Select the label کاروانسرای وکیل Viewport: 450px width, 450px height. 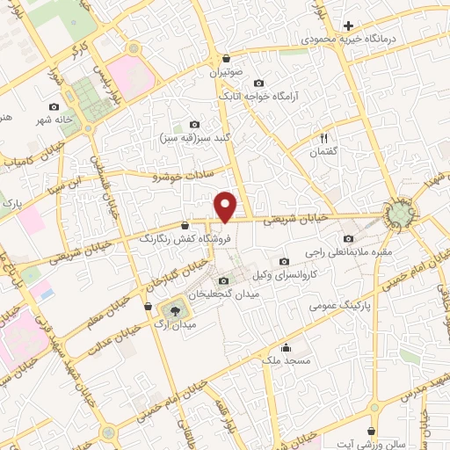(283, 277)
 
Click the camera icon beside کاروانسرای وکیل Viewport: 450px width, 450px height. (283, 262)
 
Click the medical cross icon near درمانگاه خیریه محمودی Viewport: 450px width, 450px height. (349, 25)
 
